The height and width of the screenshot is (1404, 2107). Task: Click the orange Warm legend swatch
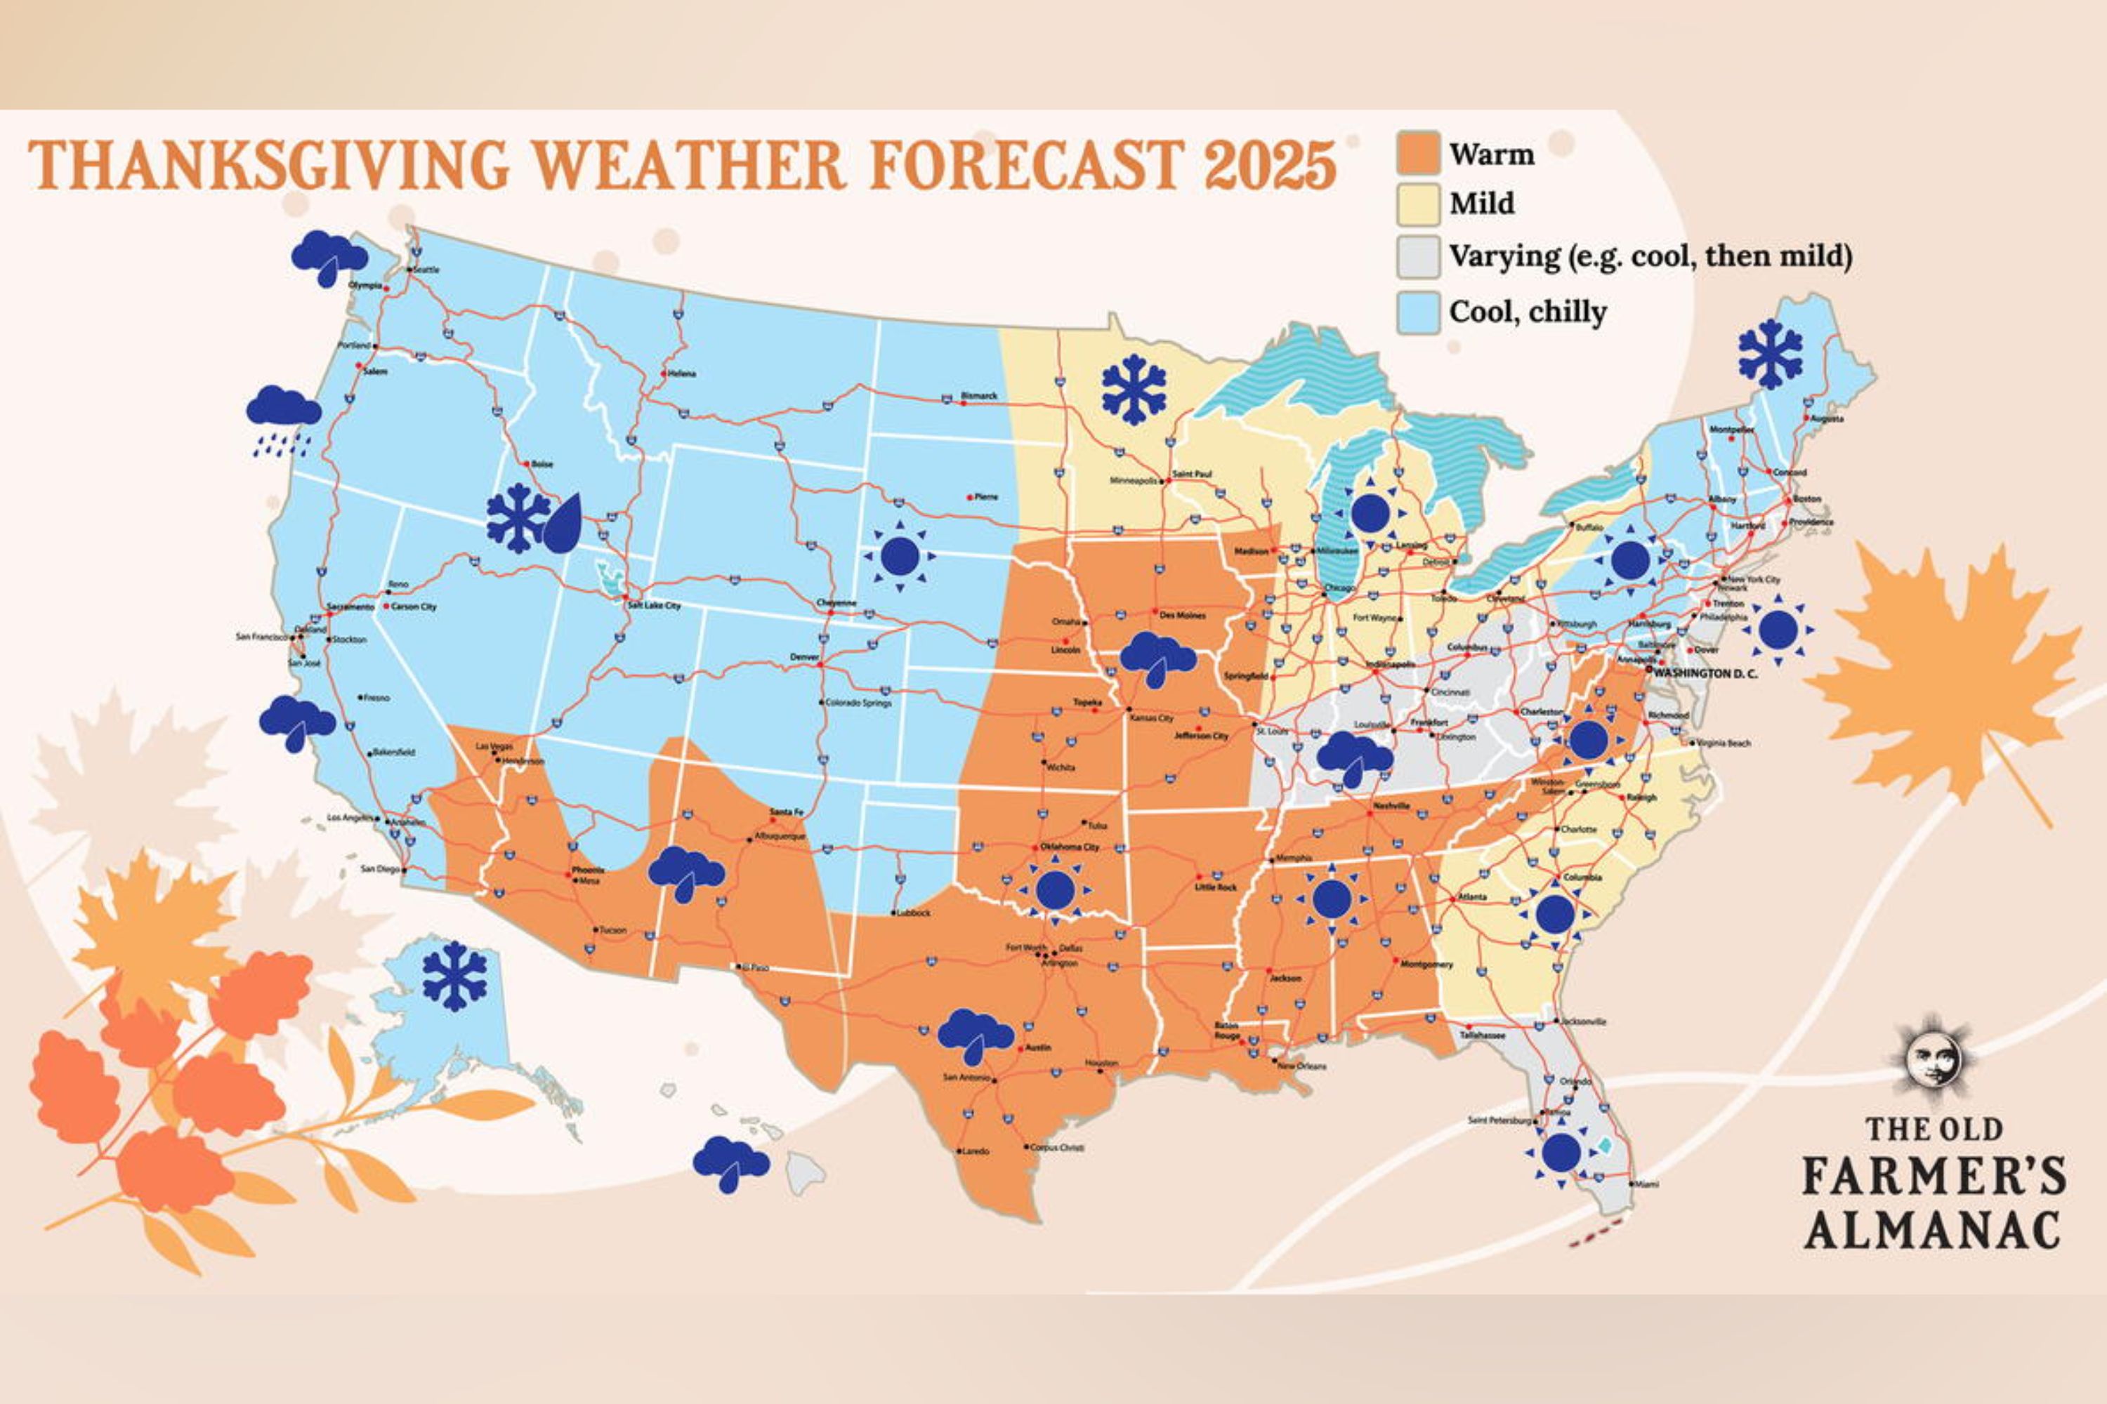pos(1418,153)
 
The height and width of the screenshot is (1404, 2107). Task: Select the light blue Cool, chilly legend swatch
pos(1418,312)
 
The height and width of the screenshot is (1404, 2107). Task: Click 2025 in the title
pos(1271,165)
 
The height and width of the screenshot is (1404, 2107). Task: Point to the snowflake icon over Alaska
pos(454,976)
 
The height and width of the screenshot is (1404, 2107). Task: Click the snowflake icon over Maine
pos(1770,354)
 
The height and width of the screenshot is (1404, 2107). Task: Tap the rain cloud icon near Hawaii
pos(730,1163)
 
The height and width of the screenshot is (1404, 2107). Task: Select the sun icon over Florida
pos(1561,1153)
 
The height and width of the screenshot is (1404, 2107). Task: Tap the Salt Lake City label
pos(654,605)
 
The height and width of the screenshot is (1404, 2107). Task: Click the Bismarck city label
pos(978,395)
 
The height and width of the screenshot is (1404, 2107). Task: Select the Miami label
pos(1646,1184)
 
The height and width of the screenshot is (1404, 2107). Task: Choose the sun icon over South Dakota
pos(900,556)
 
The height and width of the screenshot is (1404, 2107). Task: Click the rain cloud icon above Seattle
pos(329,256)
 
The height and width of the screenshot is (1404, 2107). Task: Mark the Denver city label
pos(803,656)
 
